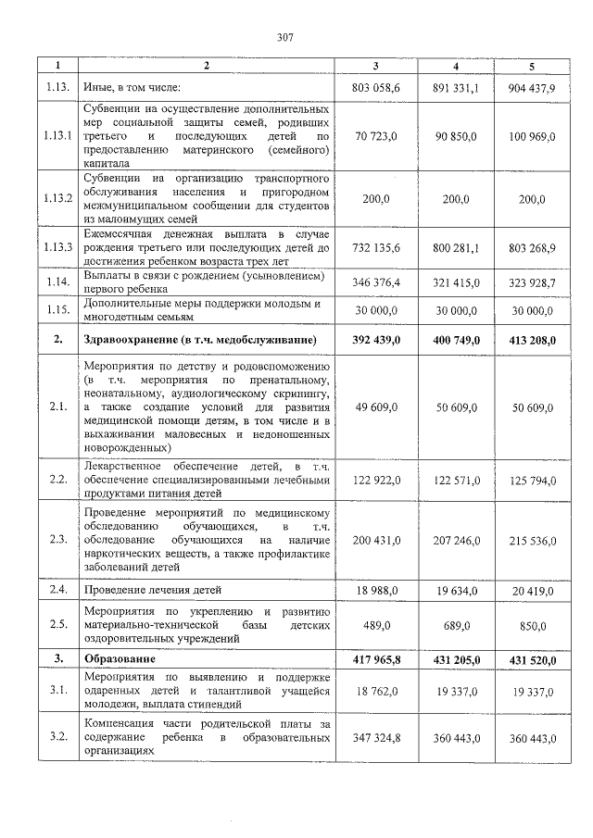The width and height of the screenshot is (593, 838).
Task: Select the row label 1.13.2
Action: pyautogui.click(x=57, y=198)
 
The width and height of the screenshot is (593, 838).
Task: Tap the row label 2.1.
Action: pyautogui.click(x=57, y=406)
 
